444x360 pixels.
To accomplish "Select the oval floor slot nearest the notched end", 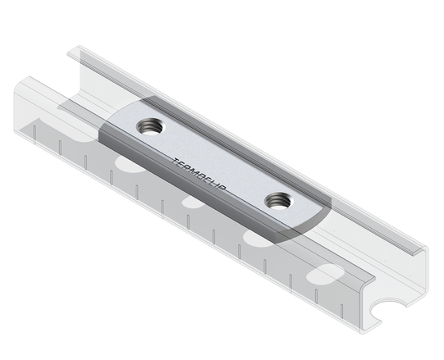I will [x=329, y=272].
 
